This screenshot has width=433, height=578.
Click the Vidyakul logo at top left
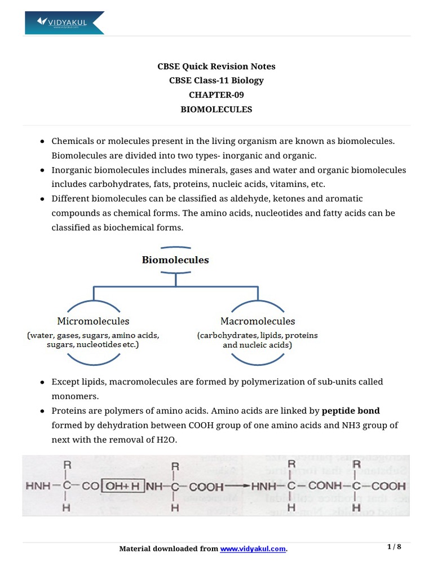(64, 23)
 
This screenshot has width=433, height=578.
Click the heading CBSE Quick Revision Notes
(216, 66)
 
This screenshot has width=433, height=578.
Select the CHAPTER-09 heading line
(216, 95)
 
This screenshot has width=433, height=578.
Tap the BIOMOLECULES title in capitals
(216, 110)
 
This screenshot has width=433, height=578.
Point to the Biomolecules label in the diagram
(175, 260)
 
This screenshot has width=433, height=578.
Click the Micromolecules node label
(93, 321)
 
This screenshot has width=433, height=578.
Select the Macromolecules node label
(257, 321)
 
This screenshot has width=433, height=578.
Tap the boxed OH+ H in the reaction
(122, 485)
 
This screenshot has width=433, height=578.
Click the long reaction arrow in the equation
(237, 486)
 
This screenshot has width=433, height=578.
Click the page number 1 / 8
(395, 547)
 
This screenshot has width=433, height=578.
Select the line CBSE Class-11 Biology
(216, 80)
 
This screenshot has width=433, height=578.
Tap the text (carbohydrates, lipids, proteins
(257, 335)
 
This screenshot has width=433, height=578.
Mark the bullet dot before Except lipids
(42, 382)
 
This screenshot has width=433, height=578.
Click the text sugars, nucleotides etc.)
(92, 344)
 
